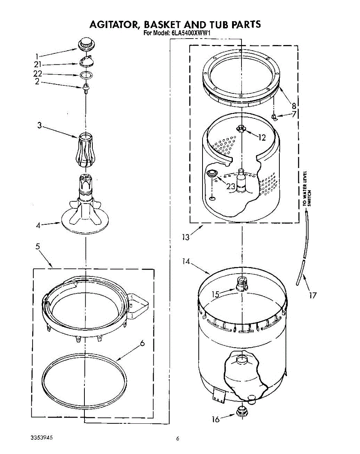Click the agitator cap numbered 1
[x=86, y=44]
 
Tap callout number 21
[x=37, y=65]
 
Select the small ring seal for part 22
[x=86, y=74]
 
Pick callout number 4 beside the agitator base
[x=38, y=225]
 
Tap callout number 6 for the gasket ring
[x=142, y=343]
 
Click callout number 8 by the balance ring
[x=294, y=106]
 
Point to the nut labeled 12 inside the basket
[x=241, y=129]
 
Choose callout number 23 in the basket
[x=231, y=186]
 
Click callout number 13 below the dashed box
[x=185, y=237]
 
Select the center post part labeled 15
[x=241, y=284]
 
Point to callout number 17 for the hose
[x=312, y=295]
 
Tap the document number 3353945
[x=41, y=437]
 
